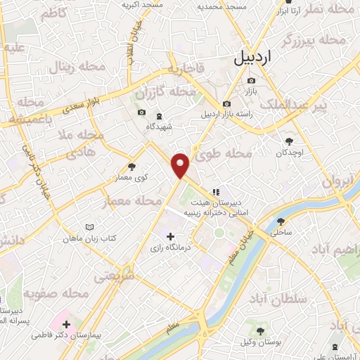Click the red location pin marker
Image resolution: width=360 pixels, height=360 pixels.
pyautogui.click(x=181, y=165)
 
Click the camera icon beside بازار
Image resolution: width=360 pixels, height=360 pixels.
pyautogui.click(x=250, y=80)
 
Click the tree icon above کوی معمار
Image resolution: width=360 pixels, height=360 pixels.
pyautogui.click(x=131, y=167)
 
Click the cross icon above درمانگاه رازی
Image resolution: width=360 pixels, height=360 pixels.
pyautogui.click(x=170, y=236)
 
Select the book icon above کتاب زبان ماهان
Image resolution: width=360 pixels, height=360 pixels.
pyautogui.click(x=89, y=227)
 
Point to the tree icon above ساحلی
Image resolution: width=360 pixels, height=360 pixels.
pyautogui.click(x=281, y=221)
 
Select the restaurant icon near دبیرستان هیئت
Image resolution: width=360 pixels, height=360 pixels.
pyautogui.click(x=216, y=189)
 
